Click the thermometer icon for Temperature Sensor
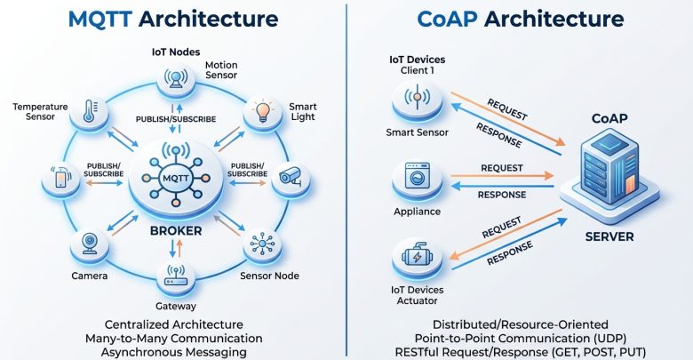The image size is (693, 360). pos(89,110)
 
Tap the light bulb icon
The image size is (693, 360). pos(263,111)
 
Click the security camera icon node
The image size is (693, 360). pos(291,178)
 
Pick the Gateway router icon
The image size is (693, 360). pos(176,276)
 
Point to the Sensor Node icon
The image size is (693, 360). pos(262,244)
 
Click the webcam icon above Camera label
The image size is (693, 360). pos(90,244)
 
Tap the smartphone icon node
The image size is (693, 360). pos(61,179)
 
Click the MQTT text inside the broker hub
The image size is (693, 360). pos(176,179)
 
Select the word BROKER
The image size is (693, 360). pos(176,231)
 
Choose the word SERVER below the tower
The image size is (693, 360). pos(609,236)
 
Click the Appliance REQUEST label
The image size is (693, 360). pos(502,168)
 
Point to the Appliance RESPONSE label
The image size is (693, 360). pos(502,195)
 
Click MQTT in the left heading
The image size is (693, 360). pos(100,20)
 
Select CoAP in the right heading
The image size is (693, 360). pos(447,19)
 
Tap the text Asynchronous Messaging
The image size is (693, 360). pos(173,353)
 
